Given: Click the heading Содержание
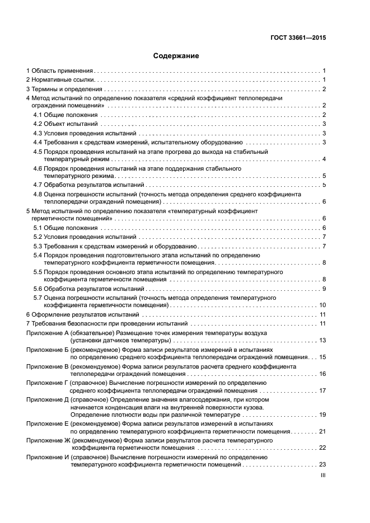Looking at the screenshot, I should pyautogui.click(x=176, y=56).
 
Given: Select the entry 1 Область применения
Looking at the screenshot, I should pyautogui.click(x=60, y=71).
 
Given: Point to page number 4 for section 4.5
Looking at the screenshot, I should pyautogui.click(x=324, y=159).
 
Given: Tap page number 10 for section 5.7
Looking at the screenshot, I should pyautogui.click(x=322, y=305).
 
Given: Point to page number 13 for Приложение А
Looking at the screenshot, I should pyautogui.click(x=322, y=341).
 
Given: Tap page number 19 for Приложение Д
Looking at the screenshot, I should pyautogui.click(x=322, y=415).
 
